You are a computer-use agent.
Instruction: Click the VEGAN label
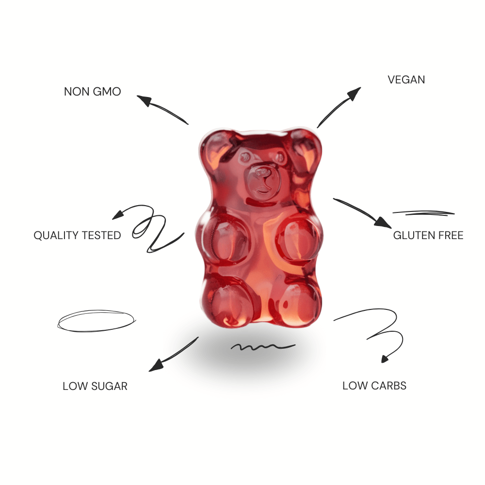click(x=406, y=80)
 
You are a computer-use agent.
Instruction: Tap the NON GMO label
click(x=92, y=92)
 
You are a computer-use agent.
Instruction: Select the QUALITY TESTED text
click(x=77, y=235)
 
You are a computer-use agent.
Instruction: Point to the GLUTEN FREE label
click(x=428, y=235)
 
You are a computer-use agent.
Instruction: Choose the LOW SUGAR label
click(x=95, y=386)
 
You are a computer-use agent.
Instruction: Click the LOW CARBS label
click(x=374, y=386)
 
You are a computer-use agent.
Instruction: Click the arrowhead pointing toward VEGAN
click(x=354, y=93)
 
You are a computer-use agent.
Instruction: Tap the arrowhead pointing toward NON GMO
click(x=144, y=100)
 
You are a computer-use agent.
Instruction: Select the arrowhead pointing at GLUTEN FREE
click(x=383, y=223)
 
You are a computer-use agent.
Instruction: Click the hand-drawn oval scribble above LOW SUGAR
click(x=97, y=321)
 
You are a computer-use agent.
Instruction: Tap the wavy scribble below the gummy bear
click(x=263, y=347)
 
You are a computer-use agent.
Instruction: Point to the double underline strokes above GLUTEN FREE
click(x=423, y=213)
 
